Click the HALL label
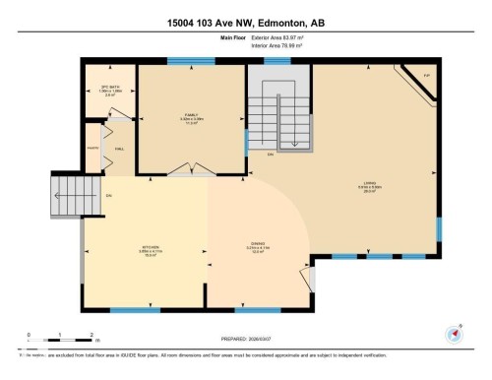[x=118, y=149]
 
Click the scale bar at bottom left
[x=59, y=341]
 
